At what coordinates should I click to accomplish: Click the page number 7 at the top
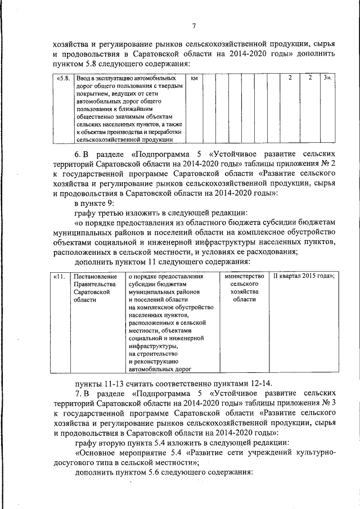pos(193,25)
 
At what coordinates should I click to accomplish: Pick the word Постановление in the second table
pos(95,276)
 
